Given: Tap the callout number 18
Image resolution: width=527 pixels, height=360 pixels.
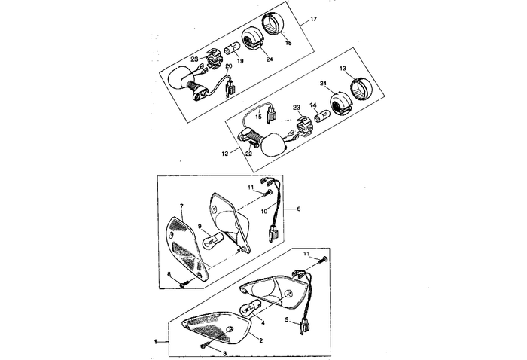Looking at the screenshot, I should pyautogui.click(x=267, y=44).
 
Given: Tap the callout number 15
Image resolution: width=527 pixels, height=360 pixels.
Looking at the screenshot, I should pyautogui.click(x=257, y=117).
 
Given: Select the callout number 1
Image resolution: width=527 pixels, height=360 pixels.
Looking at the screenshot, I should pyautogui.click(x=156, y=342).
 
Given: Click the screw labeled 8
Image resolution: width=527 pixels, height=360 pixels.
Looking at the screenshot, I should pyautogui.click(x=183, y=283).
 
